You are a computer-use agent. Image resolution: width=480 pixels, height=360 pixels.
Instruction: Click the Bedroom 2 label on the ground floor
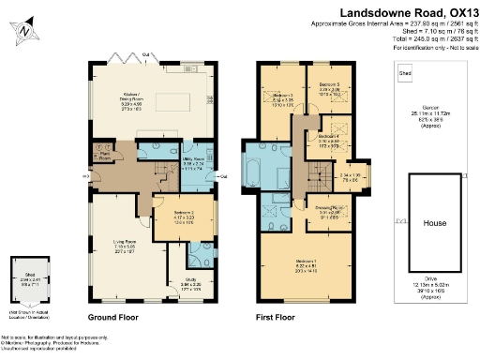pyautogui.click(x=164, y=218)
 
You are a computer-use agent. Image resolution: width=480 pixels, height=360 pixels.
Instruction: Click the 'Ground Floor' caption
pyautogui.click(x=114, y=318)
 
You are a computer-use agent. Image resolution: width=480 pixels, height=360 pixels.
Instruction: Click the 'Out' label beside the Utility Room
pyautogui.click(x=222, y=176)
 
